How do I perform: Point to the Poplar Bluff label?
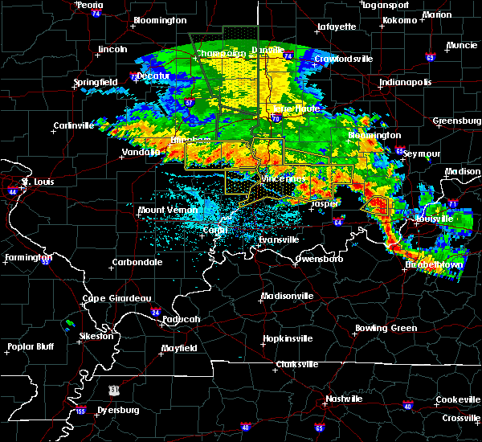(30, 347)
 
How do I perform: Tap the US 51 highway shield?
(116, 390)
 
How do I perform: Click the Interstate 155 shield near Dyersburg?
(81, 411)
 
